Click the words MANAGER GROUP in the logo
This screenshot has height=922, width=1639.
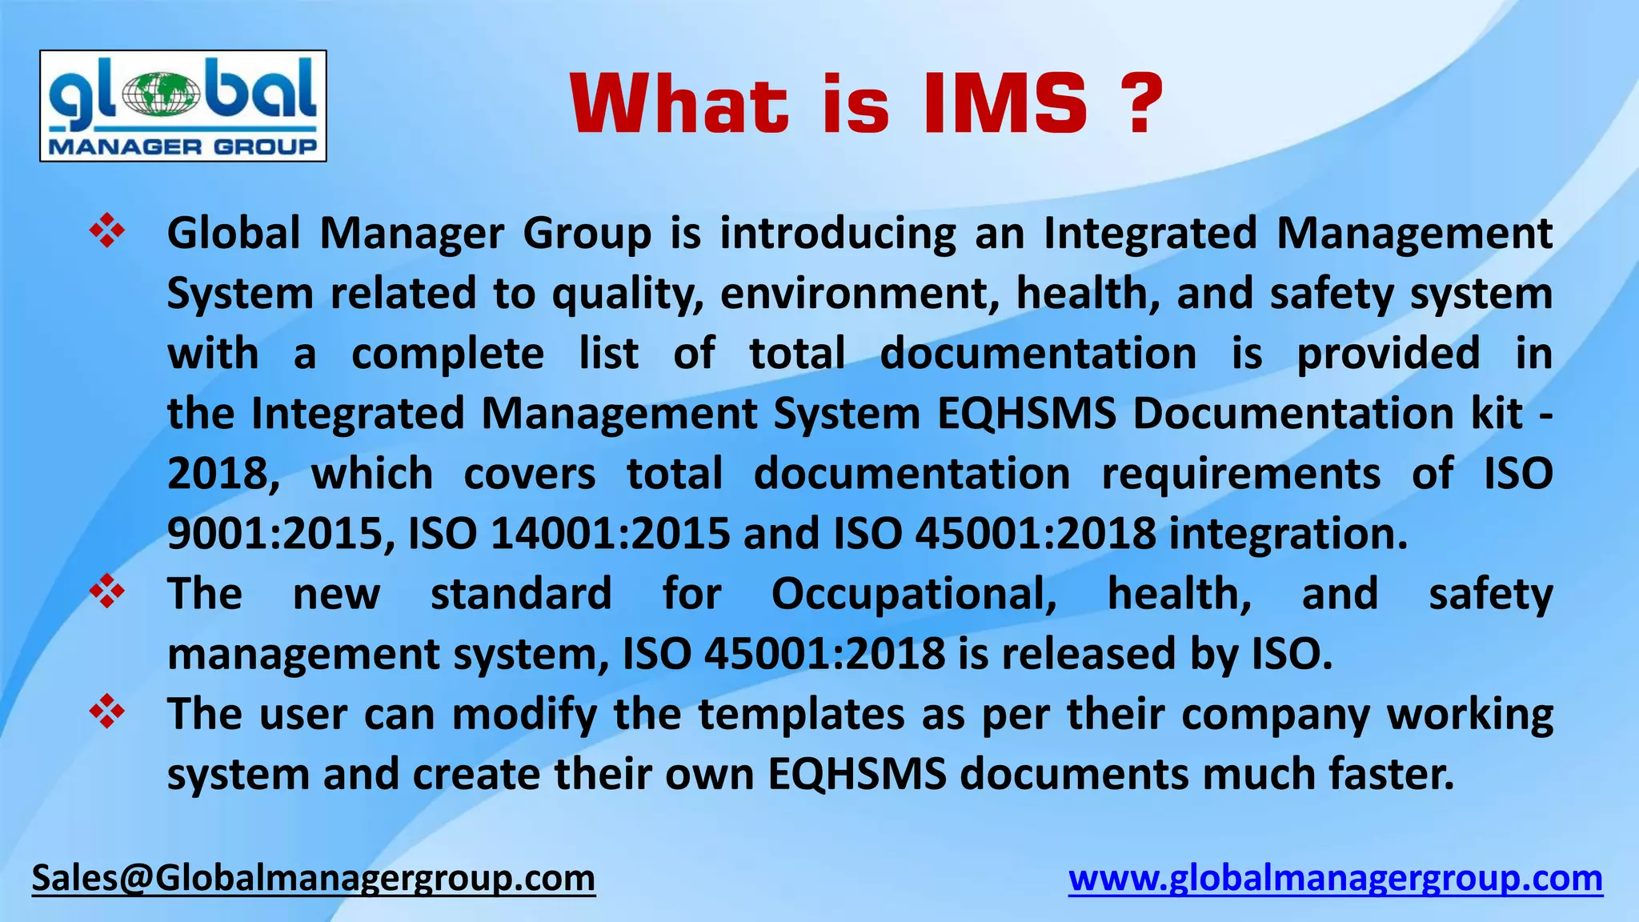tap(183, 146)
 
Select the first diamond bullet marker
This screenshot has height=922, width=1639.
tap(106, 232)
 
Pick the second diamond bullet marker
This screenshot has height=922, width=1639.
tap(106, 592)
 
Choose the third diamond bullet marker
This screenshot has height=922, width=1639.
tap(106, 712)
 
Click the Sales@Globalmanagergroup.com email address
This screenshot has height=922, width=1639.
tap(314, 878)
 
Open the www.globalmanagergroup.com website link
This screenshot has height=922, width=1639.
tap(1336, 878)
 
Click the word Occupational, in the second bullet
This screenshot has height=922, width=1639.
tap(913, 594)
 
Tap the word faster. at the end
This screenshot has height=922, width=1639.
tap(1391, 773)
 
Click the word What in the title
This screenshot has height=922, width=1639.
tap(679, 104)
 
